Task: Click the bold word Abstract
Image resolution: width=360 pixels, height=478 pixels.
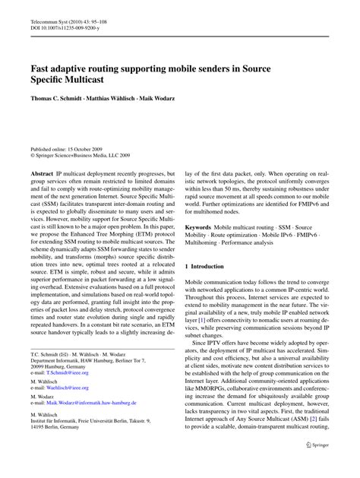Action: point(43,173)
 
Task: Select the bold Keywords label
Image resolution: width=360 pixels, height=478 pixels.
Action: point(199,227)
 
